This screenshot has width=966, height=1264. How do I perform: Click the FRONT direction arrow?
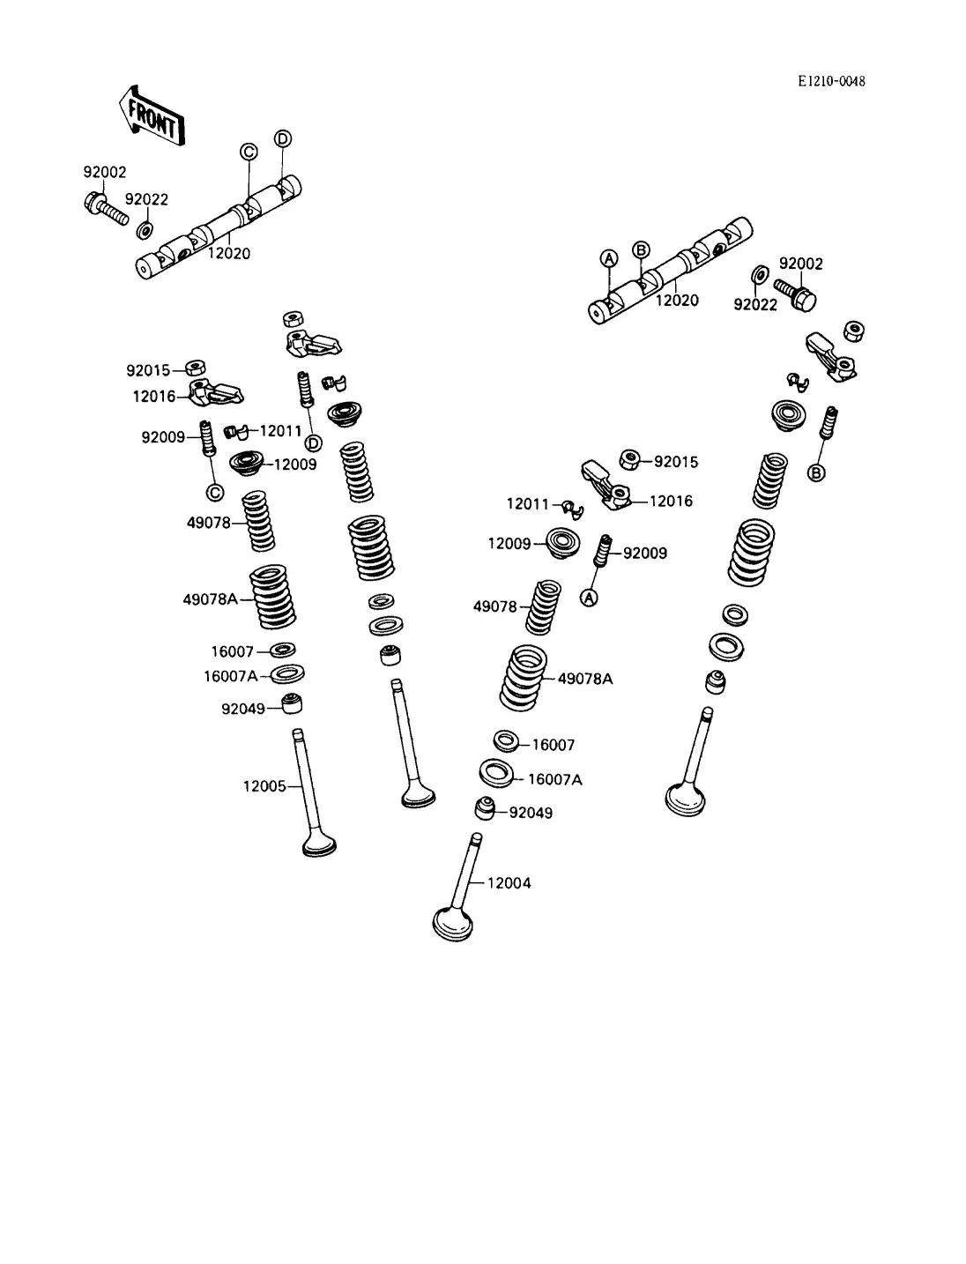(152, 115)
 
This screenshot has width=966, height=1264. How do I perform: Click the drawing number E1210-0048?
(831, 81)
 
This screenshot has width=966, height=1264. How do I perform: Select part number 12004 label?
(509, 883)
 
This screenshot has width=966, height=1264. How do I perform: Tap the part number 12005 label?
(264, 786)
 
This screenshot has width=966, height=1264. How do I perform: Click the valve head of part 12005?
(320, 844)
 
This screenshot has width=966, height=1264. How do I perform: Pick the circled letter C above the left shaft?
(249, 152)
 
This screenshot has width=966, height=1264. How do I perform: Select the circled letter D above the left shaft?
(283, 138)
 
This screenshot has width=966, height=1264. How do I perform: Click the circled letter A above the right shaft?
(609, 258)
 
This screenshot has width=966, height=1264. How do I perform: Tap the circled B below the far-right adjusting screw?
(816, 472)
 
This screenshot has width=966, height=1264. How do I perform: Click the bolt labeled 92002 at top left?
(106, 210)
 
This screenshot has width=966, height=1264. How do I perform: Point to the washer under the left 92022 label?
(145, 230)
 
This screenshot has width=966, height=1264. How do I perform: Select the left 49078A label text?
(210, 599)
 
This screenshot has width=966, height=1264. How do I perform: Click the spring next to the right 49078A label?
(524, 678)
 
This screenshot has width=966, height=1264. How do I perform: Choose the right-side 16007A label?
(555, 779)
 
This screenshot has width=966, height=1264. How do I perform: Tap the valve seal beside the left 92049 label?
(292, 703)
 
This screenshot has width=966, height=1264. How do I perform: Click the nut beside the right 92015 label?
(630, 459)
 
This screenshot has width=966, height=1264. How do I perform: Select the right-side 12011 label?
(528, 504)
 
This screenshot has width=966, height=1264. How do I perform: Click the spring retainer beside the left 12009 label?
(247, 463)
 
